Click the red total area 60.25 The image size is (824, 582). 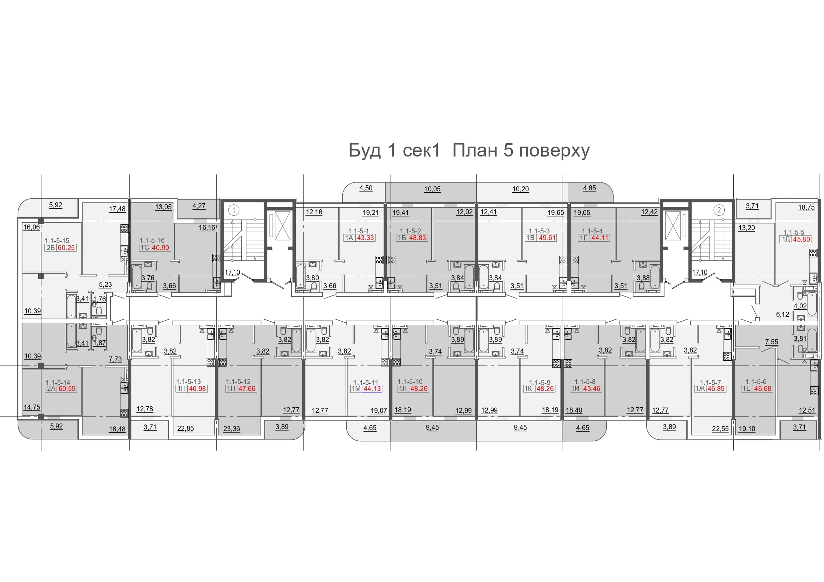(x=66, y=248)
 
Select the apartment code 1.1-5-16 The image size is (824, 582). (x=152, y=240)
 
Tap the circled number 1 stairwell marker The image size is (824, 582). (x=234, y=210)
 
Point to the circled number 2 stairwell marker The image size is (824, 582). (x=719, y=210)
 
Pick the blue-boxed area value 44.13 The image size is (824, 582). (x=372, y=389)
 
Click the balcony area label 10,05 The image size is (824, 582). (x=432, y=189)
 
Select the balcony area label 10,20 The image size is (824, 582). (x=520, y=189)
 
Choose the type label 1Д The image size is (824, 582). (x=786, y=239)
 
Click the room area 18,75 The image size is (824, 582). (x=806, y=207)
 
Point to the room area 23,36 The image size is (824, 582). (x=231, y=428)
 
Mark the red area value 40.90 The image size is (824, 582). (x=160, y=248)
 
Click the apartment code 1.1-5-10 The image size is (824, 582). (x=410, y=382)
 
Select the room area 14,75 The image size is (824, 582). (x=32, y=407)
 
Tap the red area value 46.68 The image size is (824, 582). (x=762, y=389)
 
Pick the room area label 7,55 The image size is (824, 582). (x=771, y=342)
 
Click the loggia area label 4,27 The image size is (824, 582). (x=199, y=206)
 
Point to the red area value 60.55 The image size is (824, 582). (x=67, y=389)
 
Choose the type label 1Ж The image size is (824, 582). (x=700, y=389)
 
